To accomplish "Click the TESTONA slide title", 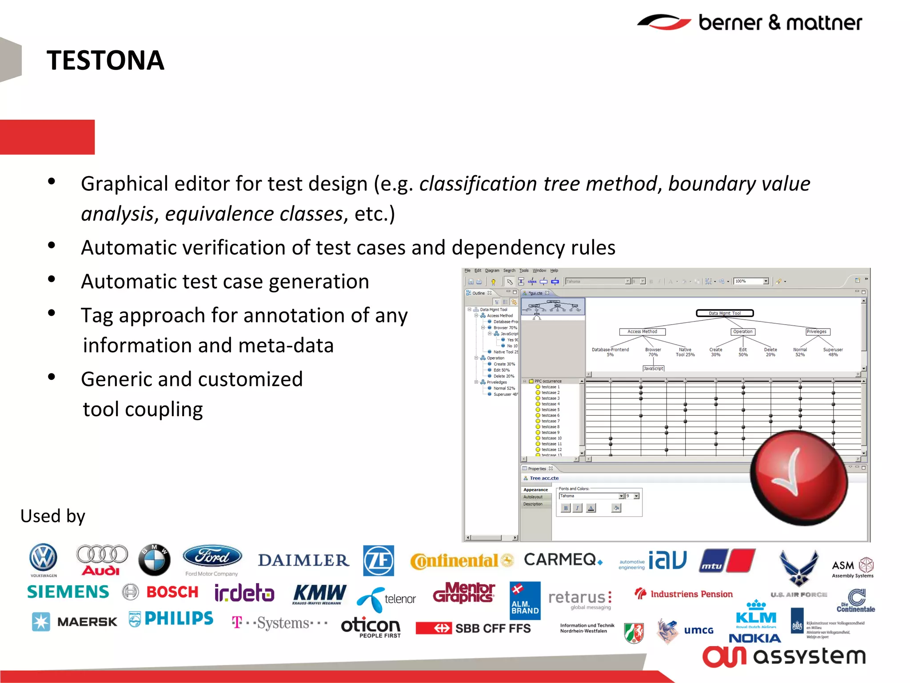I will pyautogui.click(x=105, y=60).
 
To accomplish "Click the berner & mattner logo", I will pyautogui.click(x=750, y=22).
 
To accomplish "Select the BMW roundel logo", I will pyautogui.click(x=154, y=559).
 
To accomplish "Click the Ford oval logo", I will pyautogui.click(x=212, y=556).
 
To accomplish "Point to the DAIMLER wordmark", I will pyautogui.click(x=303, y=560).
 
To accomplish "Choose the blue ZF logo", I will pyautogui.click(x=378, y=560).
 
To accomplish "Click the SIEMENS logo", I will pyautogui.click(x=68, y=592).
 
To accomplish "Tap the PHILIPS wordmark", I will pyautogui.click(x=179, y=618).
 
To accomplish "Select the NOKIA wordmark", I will pyautogui.click(x=754, y=639).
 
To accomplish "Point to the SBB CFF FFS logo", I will pyautogui.click(x=473, y=628).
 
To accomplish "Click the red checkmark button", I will pyautogui.click(x=798, y=478).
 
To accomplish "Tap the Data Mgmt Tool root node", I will pyautogui.click(x=724, y=313).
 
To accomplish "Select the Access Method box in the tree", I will pyautogui.click(x=642, y=332).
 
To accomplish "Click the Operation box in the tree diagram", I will pyautogui.click(x=742, y=332).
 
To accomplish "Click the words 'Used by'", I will pyautogui.click(x=52, y=516).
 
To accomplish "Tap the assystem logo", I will pyautogui.click(x=784, y=656).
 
